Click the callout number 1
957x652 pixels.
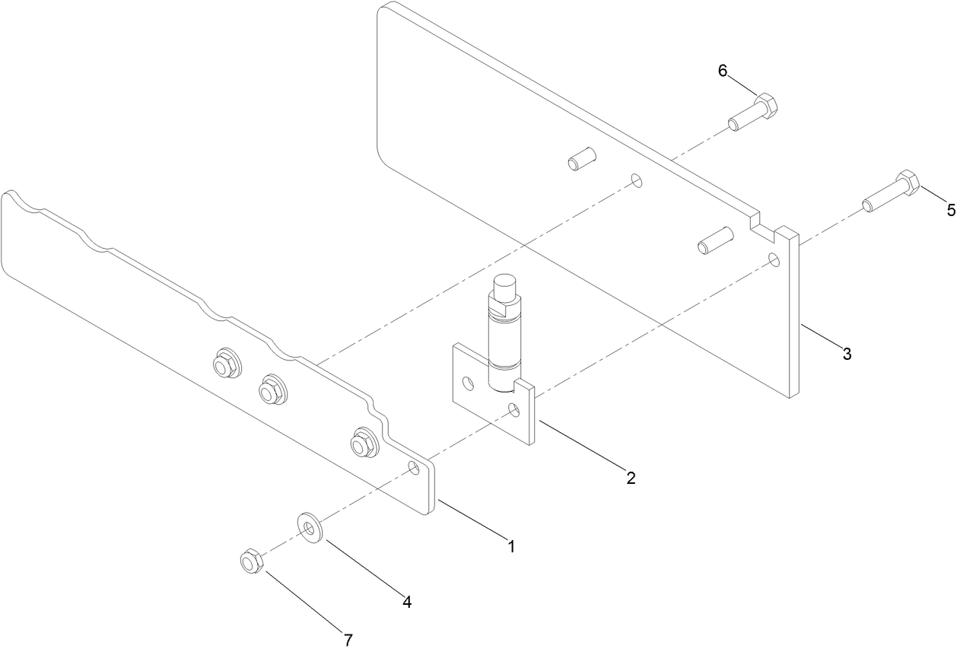click(x=511, y=546)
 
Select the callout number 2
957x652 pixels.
click(x=630, y=478)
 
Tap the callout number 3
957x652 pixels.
click(x=846, y=353)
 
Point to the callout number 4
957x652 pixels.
click(x=407, y=602)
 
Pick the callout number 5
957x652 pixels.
click(x=950, y=211)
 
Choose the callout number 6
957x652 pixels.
click(x=723, y=71)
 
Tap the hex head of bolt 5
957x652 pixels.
click(x=907, y=183)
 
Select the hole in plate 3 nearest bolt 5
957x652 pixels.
click(x=774, y=259)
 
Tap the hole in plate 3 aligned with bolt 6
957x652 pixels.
click(x=636, y=181)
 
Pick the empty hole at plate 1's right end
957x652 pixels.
click(x=414, y=466)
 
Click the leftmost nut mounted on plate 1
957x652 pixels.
click(x=224, y=363)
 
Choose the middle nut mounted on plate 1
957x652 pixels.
click(x=269, y=390)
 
